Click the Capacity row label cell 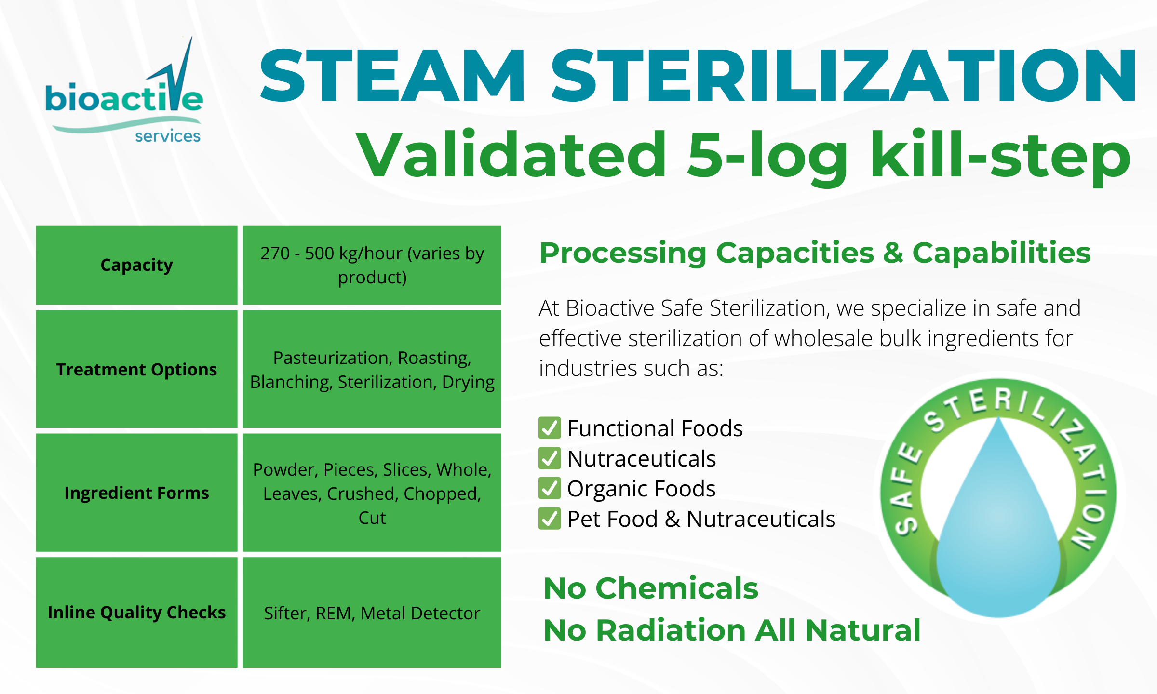(136, 265)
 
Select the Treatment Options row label (136, 369)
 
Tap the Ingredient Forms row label (136, 493)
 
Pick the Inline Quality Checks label (136, 612)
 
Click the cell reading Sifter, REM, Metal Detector (372, 613)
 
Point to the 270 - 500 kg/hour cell (372, 265)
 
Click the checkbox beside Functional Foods (550, 428)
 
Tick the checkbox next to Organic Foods (550, 488)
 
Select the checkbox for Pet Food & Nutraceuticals (550, 519)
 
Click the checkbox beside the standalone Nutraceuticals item (550, 458)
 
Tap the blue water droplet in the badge (999, 530)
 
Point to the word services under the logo (168, 136)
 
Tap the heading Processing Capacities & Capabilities (815, 253)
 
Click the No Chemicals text (651, 588)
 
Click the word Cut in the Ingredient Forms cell (372, 518)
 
